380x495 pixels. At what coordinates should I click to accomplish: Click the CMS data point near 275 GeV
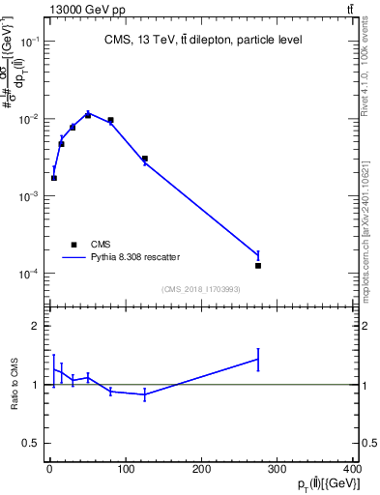pos(258,265)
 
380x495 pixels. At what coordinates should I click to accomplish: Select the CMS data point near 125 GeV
pos(144,159)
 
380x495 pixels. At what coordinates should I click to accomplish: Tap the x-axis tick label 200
pos(201,471)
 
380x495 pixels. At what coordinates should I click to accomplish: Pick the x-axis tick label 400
pos(353,471)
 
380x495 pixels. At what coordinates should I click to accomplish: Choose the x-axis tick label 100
pos(125,471)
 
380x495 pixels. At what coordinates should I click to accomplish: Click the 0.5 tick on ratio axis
pos(32,443)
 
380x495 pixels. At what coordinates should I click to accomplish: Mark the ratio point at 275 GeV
pos(258,359)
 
